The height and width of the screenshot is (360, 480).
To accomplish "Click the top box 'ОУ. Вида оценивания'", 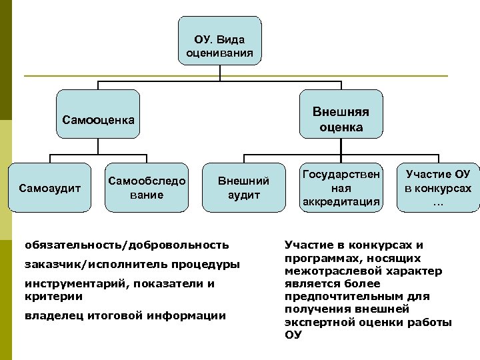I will (219, 41).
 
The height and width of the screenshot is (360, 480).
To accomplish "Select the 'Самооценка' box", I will (98, 120).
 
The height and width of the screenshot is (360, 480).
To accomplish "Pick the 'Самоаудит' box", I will (49, 188).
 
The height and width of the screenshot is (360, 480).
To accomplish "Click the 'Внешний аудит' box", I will (243, 187).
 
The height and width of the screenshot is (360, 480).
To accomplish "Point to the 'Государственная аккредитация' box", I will (341, 187).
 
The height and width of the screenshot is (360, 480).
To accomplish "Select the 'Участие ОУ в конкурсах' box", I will (438, 187).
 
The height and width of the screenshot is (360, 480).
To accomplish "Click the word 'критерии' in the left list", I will (46, 296).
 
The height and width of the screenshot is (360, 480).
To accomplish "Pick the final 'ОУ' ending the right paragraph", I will (293, 335).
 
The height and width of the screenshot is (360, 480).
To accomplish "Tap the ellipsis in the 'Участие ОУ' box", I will (437, 201).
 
